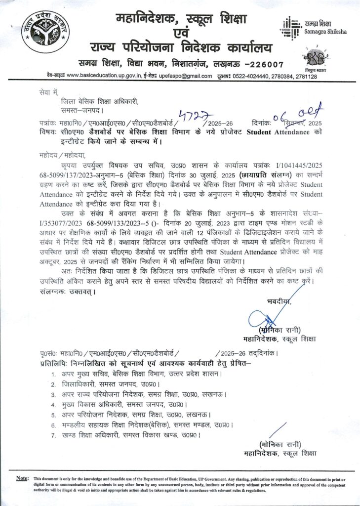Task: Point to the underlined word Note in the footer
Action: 22,479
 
